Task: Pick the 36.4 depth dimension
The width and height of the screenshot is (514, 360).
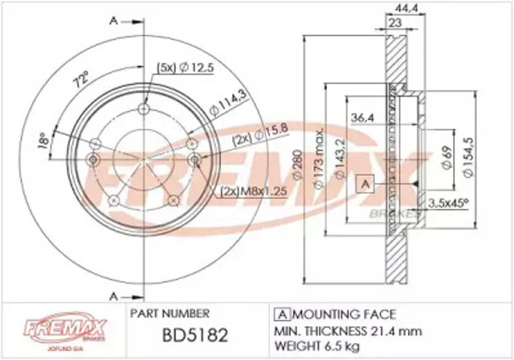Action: click(364, 118)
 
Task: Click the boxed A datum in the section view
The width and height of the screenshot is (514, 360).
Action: click(366, 184)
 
